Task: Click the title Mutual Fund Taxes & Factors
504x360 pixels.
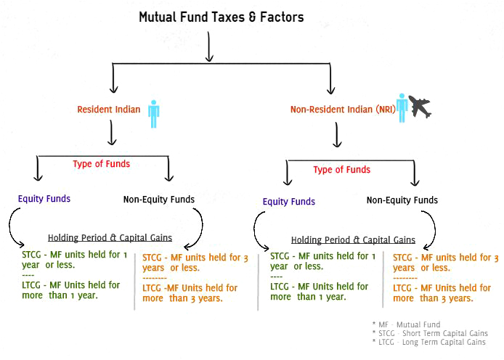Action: pos(221,17)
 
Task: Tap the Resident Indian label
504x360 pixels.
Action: pos(109,110)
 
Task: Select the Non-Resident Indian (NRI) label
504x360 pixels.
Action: pos(343,110)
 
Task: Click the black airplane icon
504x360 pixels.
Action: pos(420,107)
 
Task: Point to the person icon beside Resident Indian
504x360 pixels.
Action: pos(154,114)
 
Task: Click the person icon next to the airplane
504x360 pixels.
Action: pos(402,108)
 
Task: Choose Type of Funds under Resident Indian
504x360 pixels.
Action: pos(101,164)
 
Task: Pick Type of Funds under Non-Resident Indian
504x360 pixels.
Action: pos(341,170)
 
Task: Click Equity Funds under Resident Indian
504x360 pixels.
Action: pos(44,199)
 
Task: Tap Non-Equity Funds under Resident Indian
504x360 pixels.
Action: pos(159,200)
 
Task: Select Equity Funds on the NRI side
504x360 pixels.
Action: pos(288,202)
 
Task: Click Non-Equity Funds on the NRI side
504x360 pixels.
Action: pos(402,200)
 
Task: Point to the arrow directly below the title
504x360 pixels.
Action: pos(209,46)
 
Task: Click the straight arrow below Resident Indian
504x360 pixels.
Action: pos(112,133)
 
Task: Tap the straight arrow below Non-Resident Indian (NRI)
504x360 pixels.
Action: pos(337,135)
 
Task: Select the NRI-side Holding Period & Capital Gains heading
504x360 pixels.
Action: pos(353,240)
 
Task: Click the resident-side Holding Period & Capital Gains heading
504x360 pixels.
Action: pos(110,237)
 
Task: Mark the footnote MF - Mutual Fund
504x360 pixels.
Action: pos(406,324)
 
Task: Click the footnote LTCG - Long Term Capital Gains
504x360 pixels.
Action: pos(428,343)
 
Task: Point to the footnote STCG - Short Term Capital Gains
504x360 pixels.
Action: pos(430,333)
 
